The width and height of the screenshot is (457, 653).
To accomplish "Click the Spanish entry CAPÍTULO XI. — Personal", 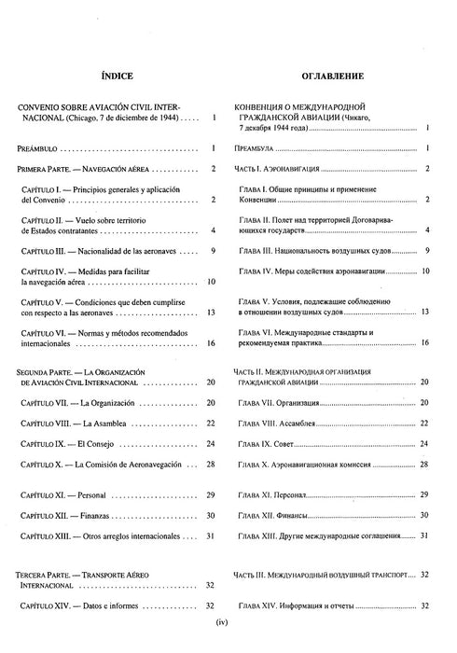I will [x=74, y=495].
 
